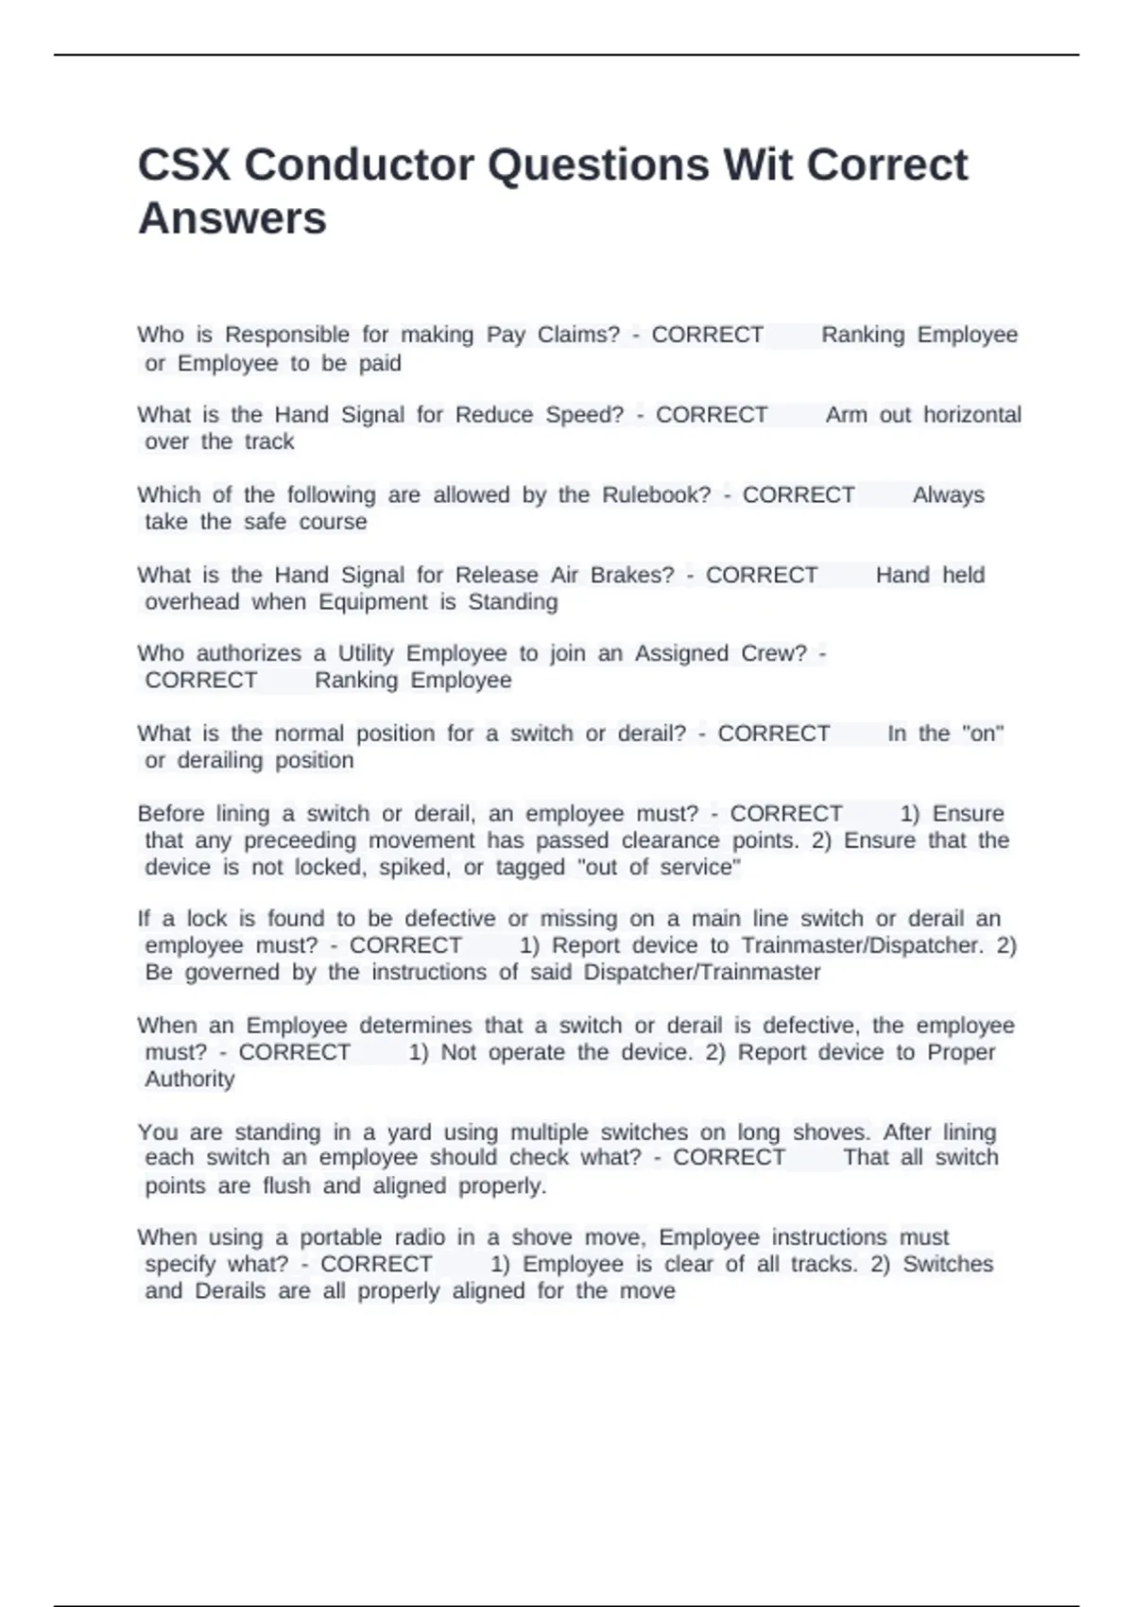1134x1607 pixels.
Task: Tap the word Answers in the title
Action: coord(232,218)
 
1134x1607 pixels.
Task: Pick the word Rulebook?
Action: coord(656,495)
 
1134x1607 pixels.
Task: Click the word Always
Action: coord(948,495)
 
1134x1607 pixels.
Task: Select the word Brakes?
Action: coord(632,575)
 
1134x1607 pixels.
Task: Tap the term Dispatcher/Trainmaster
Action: coord(702,973)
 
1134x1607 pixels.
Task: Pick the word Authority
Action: coord(189,1080)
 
